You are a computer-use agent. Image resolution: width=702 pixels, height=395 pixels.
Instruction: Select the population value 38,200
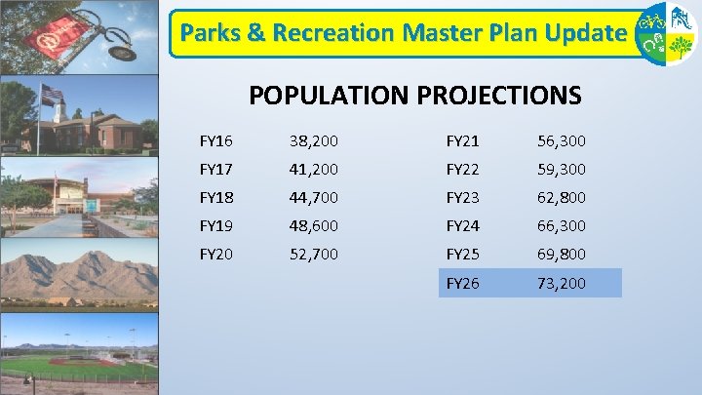[314, 140]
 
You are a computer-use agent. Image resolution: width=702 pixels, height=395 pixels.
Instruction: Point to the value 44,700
[314, 197]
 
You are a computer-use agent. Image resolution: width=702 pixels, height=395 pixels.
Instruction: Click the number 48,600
[314, 225]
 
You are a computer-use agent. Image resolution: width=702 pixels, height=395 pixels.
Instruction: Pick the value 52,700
[314, 254]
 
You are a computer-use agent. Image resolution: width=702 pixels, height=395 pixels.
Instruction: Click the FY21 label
[462, 140]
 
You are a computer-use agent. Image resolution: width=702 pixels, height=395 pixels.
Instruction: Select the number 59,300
[562, 169]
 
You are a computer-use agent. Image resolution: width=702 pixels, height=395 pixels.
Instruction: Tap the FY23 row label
[462, 197]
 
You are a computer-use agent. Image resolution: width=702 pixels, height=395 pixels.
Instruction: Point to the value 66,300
[562, 225]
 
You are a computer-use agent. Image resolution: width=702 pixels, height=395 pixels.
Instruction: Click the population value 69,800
[562, 254]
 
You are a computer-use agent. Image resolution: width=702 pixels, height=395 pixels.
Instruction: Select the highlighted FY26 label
[462, 284]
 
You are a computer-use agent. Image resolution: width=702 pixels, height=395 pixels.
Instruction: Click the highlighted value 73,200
[562, 284]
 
